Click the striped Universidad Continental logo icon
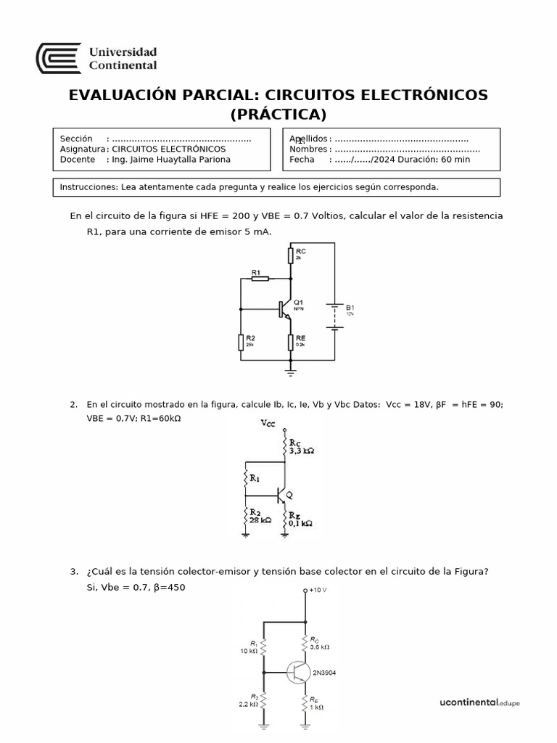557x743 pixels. pyautogui.click(x=58, y=58)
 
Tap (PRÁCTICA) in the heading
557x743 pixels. pyautogui.click(x=278, y=115)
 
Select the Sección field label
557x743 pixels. pyautogui.click(x=76, y=139)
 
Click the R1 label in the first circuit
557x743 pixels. pyautogui.click(x=256, y=273)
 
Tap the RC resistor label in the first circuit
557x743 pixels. pyautogui.click(x=301, y=251)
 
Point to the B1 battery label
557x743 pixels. pyautogui.click(x=350, y=308)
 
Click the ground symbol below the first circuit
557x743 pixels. pyautogui.click(x=291, y=371)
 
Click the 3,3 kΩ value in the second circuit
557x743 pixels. pyautogui.click(x=301, y=451)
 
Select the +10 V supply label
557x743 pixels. pyautogui.click(x=318, y=590)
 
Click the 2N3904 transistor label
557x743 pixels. pyautogui.click(x=324, y=673)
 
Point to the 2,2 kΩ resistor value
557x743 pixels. pyautogui.click(x=249, y=705)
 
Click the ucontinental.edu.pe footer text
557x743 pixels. pyautogui.click(x=480, y=702)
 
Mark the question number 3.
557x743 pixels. pyautogui.click(x=74, y=571)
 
